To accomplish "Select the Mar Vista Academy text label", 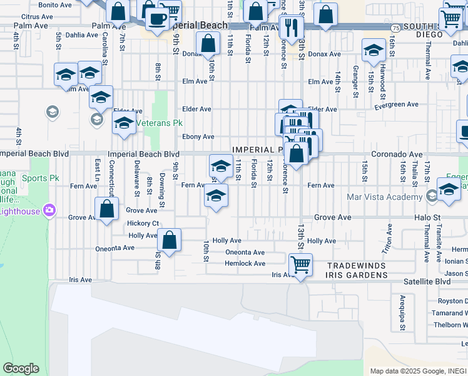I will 385,197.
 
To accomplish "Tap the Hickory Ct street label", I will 143,223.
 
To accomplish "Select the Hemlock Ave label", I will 245,263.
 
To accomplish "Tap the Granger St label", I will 355,80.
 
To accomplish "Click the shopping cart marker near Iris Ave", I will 300,265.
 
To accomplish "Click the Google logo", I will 21,368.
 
